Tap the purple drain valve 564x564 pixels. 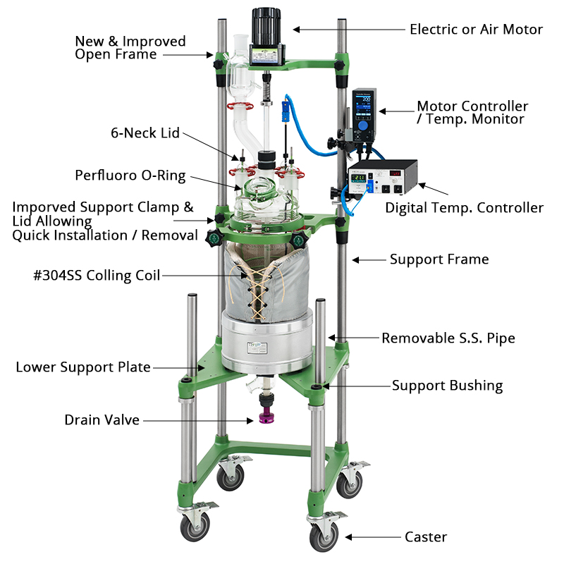point(268,420)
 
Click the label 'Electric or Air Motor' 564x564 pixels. point(476,30)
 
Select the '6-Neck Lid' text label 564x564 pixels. point(145,133)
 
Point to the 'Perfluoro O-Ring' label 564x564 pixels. point(130,176)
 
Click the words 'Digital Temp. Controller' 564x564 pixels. point(464,208)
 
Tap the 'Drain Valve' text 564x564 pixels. point(102,420)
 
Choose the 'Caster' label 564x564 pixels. point(426,537)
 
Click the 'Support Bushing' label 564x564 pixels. point(447,386)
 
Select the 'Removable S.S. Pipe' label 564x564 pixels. point(448,338)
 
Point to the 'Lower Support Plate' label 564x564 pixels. point(83,367)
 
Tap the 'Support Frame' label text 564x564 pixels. point(439,259)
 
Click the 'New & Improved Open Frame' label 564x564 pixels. point(130,48)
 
